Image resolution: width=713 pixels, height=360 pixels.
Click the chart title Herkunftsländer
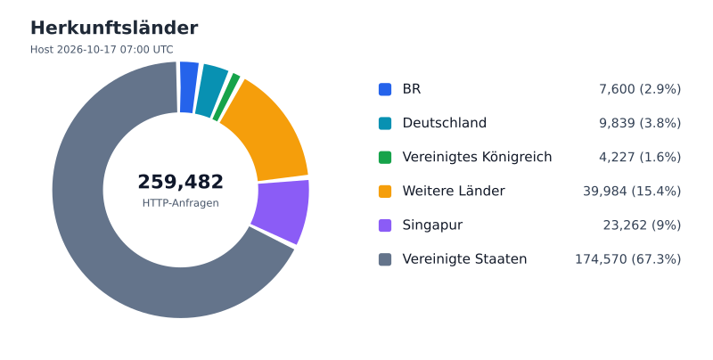click(114, 28)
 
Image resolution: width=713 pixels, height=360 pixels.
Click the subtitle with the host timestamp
click(102, 50)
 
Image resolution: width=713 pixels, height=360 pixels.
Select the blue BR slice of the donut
click(188, 87)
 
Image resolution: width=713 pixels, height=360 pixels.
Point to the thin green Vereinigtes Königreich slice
click(226, 97)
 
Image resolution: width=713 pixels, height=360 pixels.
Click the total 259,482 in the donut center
click(181, 182)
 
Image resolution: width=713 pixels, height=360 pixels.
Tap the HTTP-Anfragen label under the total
click(181, 203)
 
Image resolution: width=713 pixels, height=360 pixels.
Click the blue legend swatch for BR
click(385, 89)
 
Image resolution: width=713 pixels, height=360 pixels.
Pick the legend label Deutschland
click(444, 123)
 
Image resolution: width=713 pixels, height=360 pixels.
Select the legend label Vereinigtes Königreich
click(477, 157)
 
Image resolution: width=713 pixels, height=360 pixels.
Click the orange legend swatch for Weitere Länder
click(385, 192)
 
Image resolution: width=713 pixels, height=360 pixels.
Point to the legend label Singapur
click(432, 225)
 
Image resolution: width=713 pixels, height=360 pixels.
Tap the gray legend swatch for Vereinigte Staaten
click(385, 259)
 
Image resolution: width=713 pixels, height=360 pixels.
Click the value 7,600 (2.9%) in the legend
click(640, 89)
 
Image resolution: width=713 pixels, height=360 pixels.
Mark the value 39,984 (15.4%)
click(632, 192)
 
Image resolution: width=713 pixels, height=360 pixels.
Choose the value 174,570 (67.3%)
click(628, 259)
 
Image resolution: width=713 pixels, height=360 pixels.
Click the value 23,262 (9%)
click(642, 225)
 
